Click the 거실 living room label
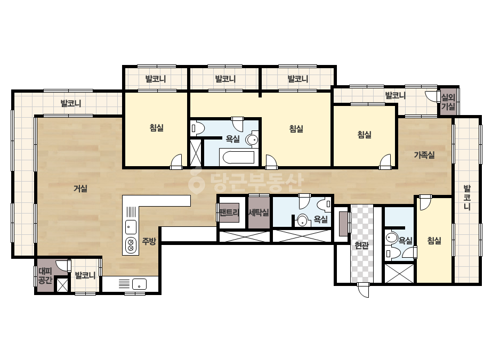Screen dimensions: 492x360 click(x=80, y=189)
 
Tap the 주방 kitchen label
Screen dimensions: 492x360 click(x=149, y=241)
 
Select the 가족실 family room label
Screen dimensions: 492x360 click(x=424, y=155)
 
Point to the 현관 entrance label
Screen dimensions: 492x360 click(x=361, y=245)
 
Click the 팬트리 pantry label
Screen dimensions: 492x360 click(x=229, y=212)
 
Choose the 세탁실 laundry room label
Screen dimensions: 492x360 click(x=259, y=212)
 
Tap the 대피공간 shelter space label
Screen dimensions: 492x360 click(x=45, y=275)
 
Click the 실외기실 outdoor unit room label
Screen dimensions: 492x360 click(x=448, y=102)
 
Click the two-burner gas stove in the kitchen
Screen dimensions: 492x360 click(x=131, y=245)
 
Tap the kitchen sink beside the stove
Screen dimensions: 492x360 click(x=131, y=227)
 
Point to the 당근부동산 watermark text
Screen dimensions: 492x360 click(x=246, y=183)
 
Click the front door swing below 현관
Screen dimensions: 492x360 click(x=364, y=290)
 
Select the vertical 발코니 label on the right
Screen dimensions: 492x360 click(x=467, y=198)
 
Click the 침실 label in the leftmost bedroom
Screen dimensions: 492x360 click(x=157, y=128)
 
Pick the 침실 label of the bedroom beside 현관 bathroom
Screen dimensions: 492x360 click(x=434, y=241)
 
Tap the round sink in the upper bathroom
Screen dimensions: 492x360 click(x=252, y=140)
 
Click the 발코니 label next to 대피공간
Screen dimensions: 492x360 click(x=85, y=276)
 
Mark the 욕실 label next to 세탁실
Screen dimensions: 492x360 click(x=321, y=219)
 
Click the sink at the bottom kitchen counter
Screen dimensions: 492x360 click(x=139, y=284)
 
